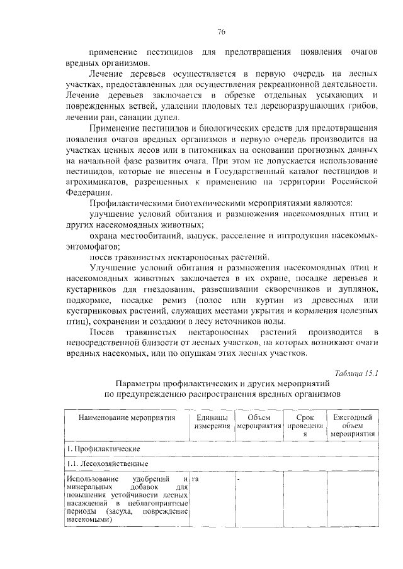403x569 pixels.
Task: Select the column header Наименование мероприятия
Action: pos(126,417)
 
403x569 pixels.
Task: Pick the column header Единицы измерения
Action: pos(212,422)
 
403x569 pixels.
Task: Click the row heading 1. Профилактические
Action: pos(98,448)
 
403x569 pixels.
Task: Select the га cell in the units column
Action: pos(196,479)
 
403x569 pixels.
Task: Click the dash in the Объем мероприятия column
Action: pos(239,479)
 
